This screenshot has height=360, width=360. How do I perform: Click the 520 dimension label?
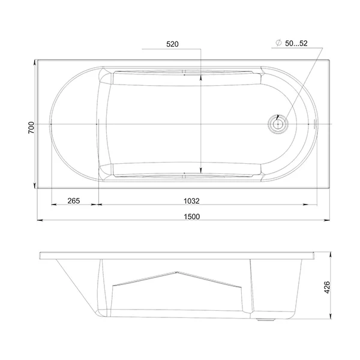pos(172,44)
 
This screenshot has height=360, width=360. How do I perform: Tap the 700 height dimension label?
pos(31,128)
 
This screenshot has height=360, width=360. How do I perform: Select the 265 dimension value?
pos(74,201)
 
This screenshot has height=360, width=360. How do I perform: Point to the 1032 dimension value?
pos(192,201)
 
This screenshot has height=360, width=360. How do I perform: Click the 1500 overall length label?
pos(192,217)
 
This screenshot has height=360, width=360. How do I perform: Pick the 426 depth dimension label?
pos(327,287)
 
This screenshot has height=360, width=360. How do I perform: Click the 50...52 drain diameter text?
pos(296,43)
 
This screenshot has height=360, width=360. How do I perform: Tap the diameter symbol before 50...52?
pos(279,43)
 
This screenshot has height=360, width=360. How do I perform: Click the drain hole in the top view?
pos(278,124)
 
